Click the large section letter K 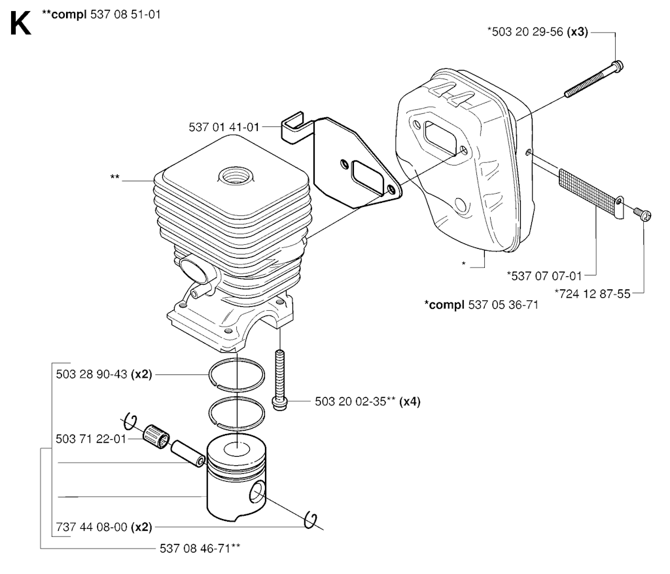[20, 24]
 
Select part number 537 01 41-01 [224, 127]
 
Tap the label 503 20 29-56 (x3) [538, 31]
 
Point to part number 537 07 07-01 [544, 276]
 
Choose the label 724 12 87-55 [592, 294]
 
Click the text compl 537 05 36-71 [481, 305]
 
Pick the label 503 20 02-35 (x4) [368, 401]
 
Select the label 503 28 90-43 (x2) [104, 374]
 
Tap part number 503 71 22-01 [91, 439]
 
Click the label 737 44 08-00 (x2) [104, 527]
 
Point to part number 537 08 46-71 [200, 548]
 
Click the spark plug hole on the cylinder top [236, 175]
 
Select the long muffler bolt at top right [594, 79]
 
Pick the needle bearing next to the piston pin [156, 437]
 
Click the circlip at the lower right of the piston [311, 520]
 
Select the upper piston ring [237, 374]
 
